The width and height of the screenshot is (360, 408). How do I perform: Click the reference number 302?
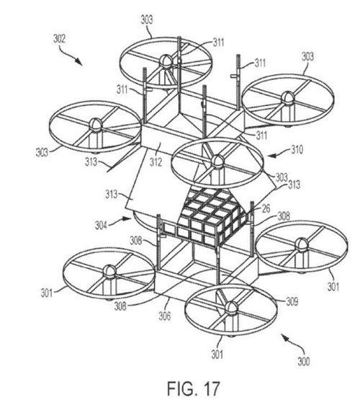click(59, 39)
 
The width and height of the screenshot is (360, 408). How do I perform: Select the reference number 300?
click(304, 361)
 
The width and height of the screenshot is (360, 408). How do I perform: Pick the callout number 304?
click(101, 225)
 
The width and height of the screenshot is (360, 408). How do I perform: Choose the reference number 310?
click(297, 150)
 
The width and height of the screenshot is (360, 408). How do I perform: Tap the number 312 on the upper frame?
click(156, 162)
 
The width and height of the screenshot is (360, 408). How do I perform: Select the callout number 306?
click(165, 316)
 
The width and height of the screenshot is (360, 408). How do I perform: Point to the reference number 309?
click(292, 301)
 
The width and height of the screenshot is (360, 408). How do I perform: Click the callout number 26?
click(266, 208)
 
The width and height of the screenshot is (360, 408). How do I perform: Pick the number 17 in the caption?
click(210, 389)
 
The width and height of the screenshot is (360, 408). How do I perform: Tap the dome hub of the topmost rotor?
click(166, 62)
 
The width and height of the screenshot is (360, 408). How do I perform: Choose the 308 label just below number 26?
click(284, 216)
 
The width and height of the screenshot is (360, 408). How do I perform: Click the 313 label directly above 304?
click(112, 194)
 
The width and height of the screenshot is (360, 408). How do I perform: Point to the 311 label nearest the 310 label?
click(262, 135)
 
